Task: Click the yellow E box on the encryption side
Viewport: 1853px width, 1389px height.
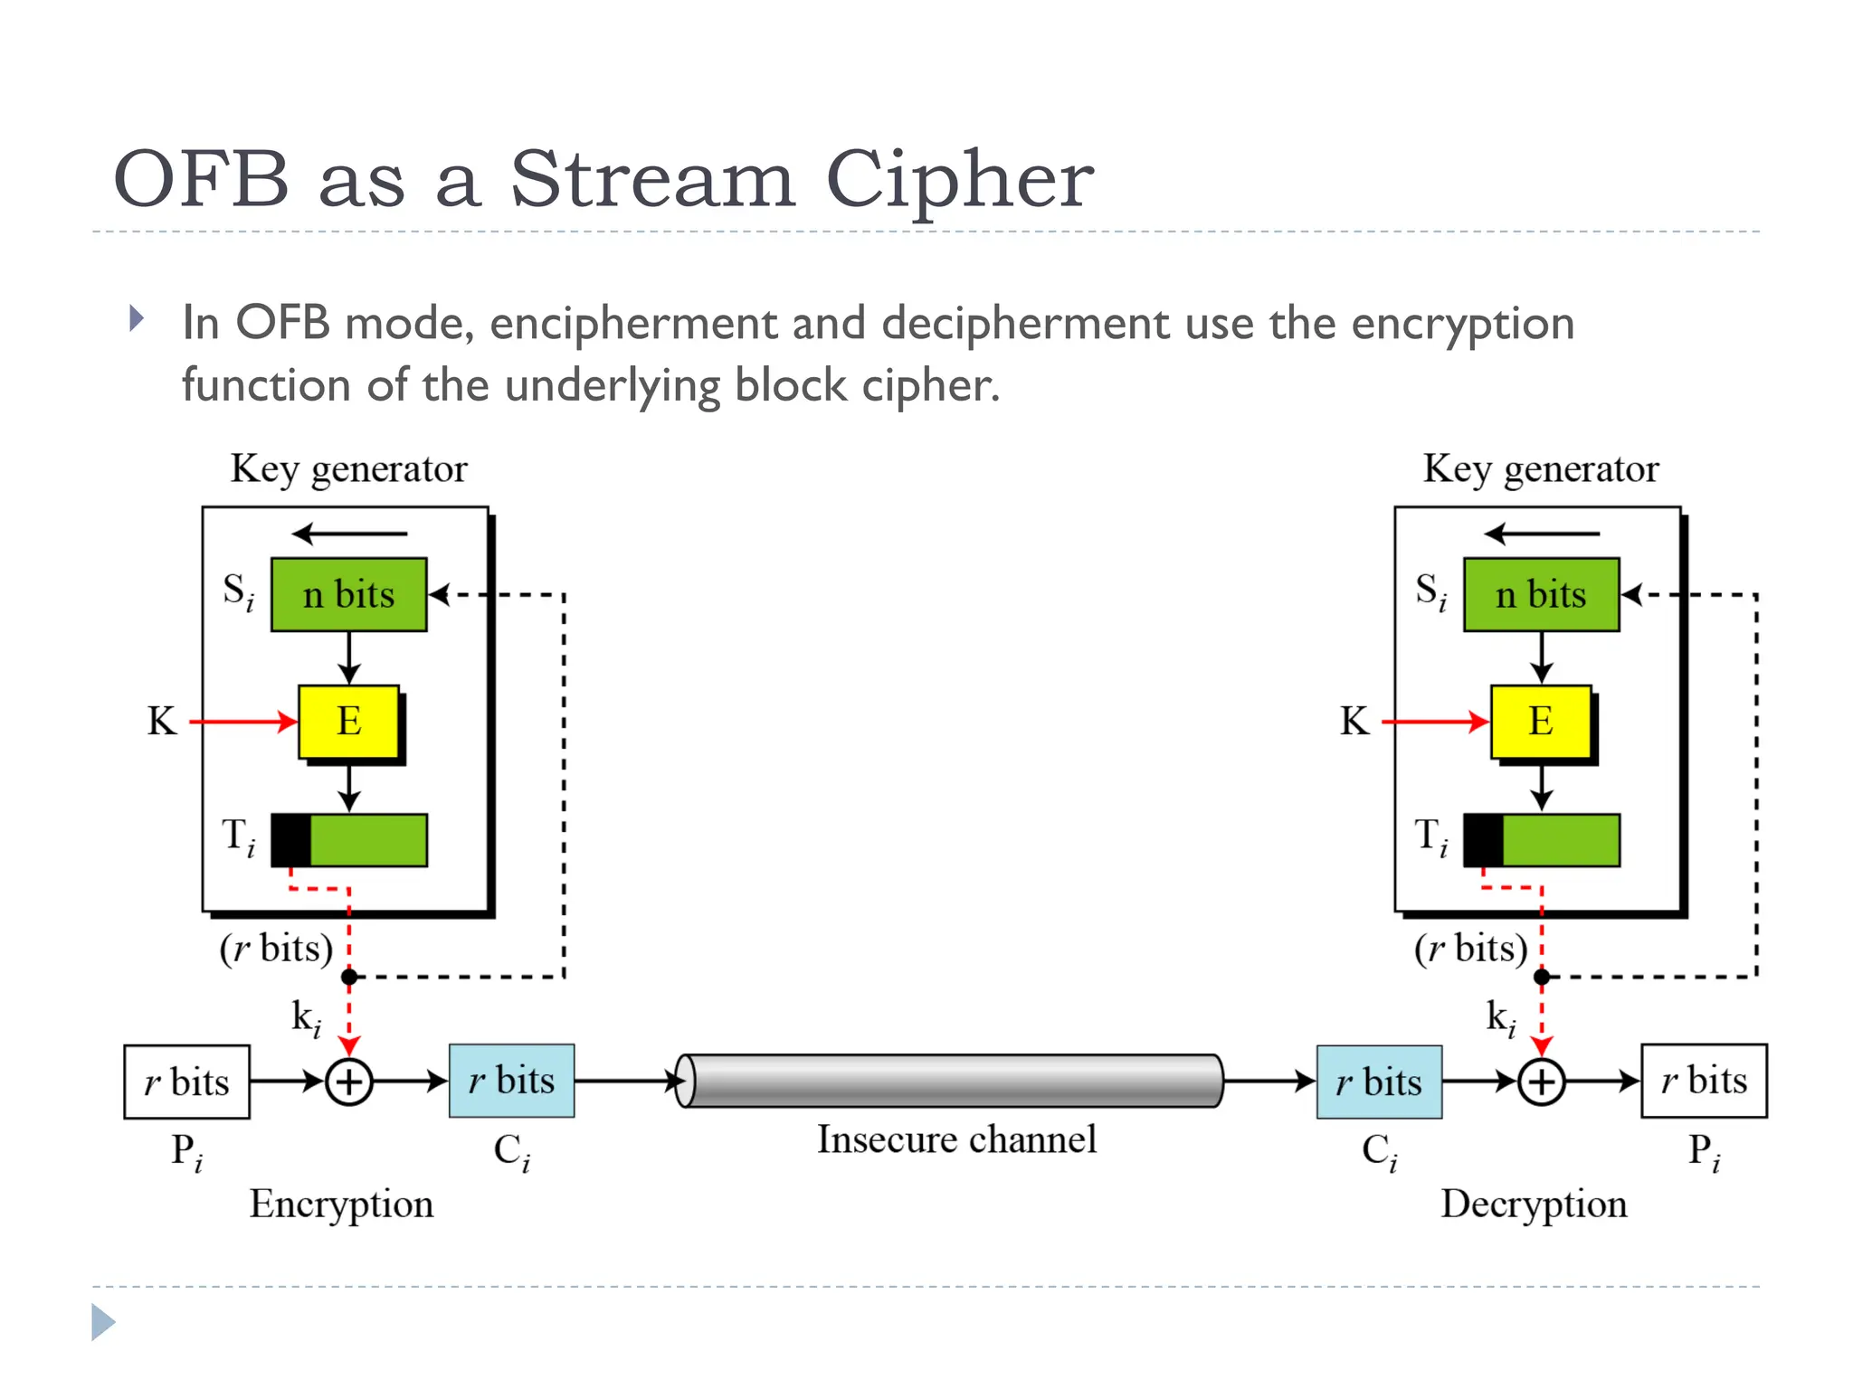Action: [x=349, y=722]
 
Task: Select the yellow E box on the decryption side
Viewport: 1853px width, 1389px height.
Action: [x=1541, y=722]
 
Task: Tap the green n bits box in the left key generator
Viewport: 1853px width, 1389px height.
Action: [x=349, y=594]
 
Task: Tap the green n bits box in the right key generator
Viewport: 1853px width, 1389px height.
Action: [x=1541, y=594]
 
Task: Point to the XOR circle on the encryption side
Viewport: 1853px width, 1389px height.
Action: [x=349, y=1082]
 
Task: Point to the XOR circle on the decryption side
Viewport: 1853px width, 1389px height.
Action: [x=1542, y=1082]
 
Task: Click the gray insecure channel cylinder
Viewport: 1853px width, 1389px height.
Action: [x=950, y=1080]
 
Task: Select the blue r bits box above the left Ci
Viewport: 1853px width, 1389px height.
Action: [x=512, y=1081]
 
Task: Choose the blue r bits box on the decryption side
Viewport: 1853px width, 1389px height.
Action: [x=1379, y=1082]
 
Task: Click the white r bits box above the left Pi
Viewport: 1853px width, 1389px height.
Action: [x=187, y=1082]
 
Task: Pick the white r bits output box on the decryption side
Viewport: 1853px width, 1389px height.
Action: [x=1704, y=1081]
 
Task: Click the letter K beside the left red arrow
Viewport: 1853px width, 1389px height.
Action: [x=162, y=722]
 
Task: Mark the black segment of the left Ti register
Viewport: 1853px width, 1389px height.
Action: [x=291, y=840]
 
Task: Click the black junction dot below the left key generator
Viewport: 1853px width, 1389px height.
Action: [x=349, y=977]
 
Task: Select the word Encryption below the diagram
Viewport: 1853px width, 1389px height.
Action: [x=342, y=1204]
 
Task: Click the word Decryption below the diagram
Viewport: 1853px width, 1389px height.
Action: [x=1534, y=1204]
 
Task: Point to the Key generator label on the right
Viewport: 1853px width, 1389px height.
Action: [x=1541, y=468]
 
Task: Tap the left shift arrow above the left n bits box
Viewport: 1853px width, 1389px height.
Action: [x=349, y=534]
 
